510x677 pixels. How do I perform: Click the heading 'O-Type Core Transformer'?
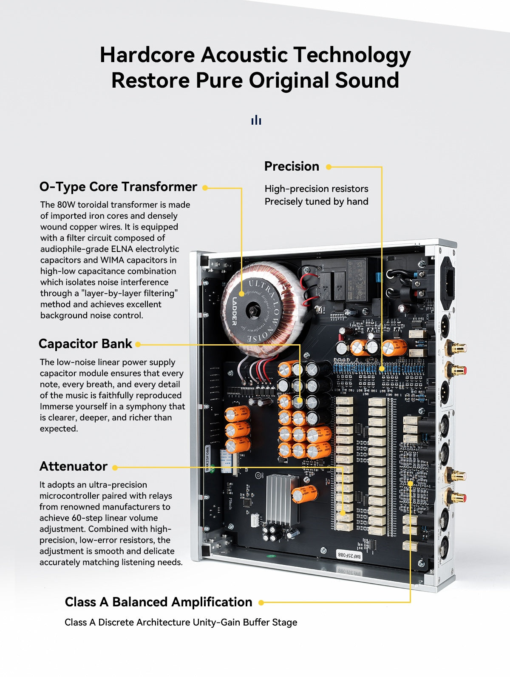pyautogui.click(x=118, y=187)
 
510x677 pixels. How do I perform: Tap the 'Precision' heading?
pyautogui.click(x=292, y=166)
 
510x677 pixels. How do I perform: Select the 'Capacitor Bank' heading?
pyautogui.click(x=85, y=344)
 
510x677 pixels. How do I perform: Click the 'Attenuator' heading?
pyautogui.click(x=74, y=466)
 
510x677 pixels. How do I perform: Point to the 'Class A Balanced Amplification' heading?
pyautogui.click(x=159, y=602)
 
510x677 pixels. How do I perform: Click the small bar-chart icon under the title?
pyautogui.click(x=256, y=120)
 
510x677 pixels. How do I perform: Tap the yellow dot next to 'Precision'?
pyautogui.click(x=329, y=167)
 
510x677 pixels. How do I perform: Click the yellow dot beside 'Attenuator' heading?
pyautogui.click(x=115, y=468)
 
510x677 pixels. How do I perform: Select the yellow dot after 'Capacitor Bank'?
pyautogui.click(x=138, y=345)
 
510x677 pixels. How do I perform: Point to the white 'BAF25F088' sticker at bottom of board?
pyautogui.click(x=348, y=555)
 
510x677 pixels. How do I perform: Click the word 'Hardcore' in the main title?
pyautogui.click(x=147, y=55)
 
